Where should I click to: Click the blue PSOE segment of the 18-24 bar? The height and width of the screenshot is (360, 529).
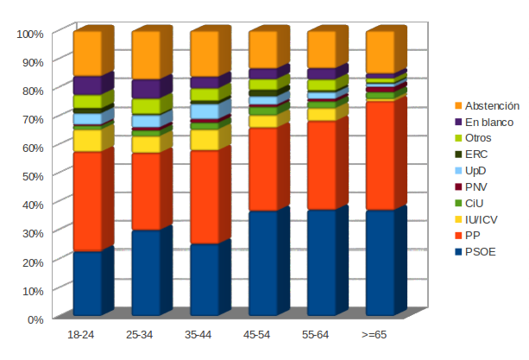click(x=87, y=283)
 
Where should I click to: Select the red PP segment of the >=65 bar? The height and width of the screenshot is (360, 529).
click(x=380, y=156)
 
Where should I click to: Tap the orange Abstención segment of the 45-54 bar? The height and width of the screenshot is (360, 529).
click(x=262, y=50)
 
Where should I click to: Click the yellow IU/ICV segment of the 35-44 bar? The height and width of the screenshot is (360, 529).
click(x=204, y=140)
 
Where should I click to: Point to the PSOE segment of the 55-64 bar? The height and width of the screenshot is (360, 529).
click(x=321, y=262)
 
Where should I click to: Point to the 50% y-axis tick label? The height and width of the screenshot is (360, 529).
click(x=32, y=176)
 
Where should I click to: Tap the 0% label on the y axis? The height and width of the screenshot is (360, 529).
click(x=35, y=319)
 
